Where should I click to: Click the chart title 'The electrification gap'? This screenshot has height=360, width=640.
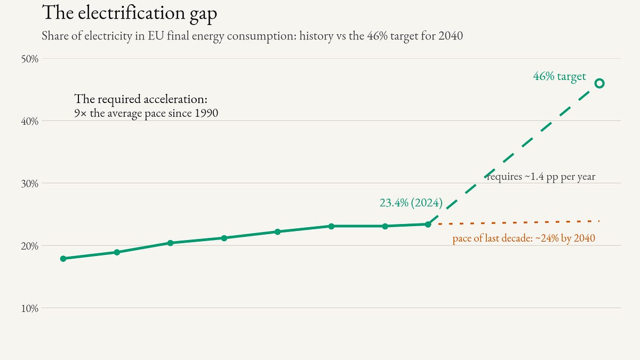(x=130, y=13)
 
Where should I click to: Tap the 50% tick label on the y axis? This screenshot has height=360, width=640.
(x=30, y=59)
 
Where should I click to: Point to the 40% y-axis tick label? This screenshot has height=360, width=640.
(x=30, y=122)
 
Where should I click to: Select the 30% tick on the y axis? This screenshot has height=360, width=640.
(x=30, y=183)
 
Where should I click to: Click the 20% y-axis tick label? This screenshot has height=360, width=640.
(x=30, y=246)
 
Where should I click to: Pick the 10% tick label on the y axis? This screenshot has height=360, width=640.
(x=30, y=309)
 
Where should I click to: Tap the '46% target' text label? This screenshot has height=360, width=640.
(x=559, y=76)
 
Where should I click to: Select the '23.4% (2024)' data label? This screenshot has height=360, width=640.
(x=411, y=203)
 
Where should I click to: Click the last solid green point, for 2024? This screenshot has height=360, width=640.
(x=428, y=225)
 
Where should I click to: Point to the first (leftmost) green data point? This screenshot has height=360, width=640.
(x=63, y=259)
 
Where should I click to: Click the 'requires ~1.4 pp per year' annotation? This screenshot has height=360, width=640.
(x=541, y=177)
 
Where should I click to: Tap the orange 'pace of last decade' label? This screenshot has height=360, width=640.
(x=524, y=238)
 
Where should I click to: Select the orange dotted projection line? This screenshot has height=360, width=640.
(x=518, y=222)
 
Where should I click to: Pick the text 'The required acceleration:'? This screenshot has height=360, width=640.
(x=141, y=99)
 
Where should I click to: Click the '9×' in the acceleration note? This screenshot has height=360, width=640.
(x=81, y=114)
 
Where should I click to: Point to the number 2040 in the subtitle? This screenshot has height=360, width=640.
(x=451, y=36)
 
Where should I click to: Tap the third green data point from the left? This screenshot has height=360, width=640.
(x=170, y=243)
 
